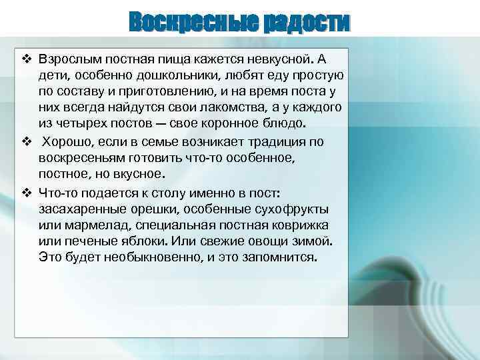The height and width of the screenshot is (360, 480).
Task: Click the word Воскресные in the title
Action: click(x=194, y=22)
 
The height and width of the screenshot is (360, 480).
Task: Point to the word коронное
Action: click(x=210, y=124)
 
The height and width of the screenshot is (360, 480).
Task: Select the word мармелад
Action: click(x=91, y=225)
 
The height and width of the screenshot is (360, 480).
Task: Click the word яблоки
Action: click(x=150, y=241)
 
